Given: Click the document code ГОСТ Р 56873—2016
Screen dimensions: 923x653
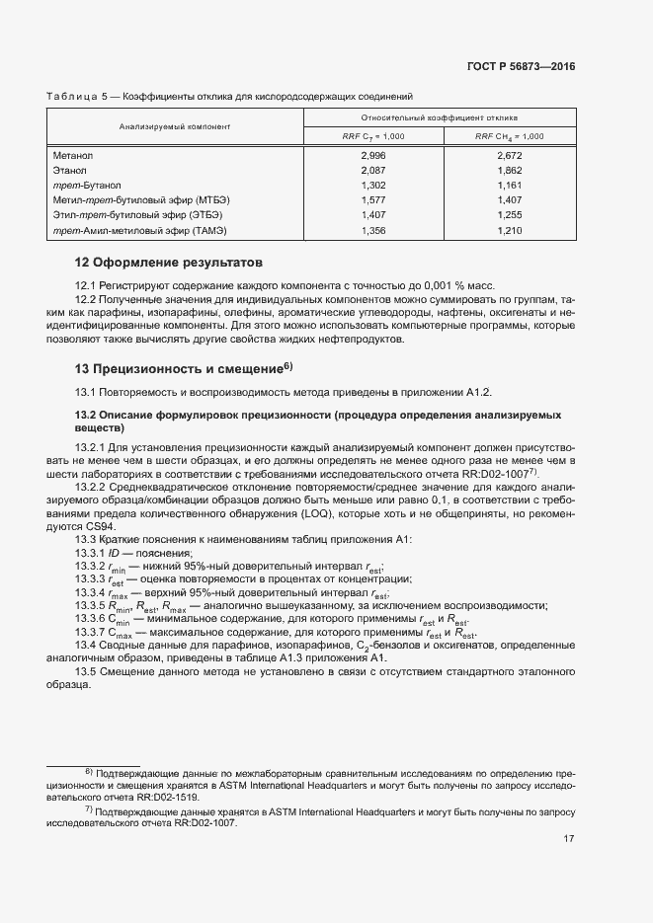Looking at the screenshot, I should [x=520, y=67].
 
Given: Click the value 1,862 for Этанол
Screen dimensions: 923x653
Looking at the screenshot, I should [x=510, y=171].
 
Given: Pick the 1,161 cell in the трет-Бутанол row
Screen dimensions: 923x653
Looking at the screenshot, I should [x=510, y=185].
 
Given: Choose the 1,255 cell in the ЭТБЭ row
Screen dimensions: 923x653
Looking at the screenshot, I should [x=510, y=214].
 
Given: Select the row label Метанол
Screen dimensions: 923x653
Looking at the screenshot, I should [x=73, y=156].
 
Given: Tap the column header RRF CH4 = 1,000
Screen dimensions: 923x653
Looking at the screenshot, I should [x=510, y=136].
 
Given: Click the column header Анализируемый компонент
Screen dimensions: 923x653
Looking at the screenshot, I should [x=175, y=126].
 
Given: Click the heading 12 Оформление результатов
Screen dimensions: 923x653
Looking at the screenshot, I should [x=169, y=264].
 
